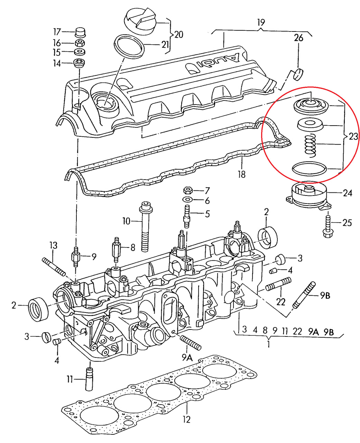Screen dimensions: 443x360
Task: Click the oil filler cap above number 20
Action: [x=141, y=21]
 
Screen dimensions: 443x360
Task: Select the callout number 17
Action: [x=57, y=32]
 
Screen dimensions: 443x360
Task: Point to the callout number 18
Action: [x=241, y=174]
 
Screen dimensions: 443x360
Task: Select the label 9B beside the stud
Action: [x=325, y=295]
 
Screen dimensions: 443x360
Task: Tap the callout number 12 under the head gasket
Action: [x=187, y=419]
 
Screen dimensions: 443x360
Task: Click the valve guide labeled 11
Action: [x=89, y=380]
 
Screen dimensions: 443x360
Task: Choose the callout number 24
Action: [x=347, y=193]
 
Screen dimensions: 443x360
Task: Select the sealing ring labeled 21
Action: [x=129, y=46]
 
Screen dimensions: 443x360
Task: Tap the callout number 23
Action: [x=353, y=136]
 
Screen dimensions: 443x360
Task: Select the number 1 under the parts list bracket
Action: [x=268, y=344]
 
